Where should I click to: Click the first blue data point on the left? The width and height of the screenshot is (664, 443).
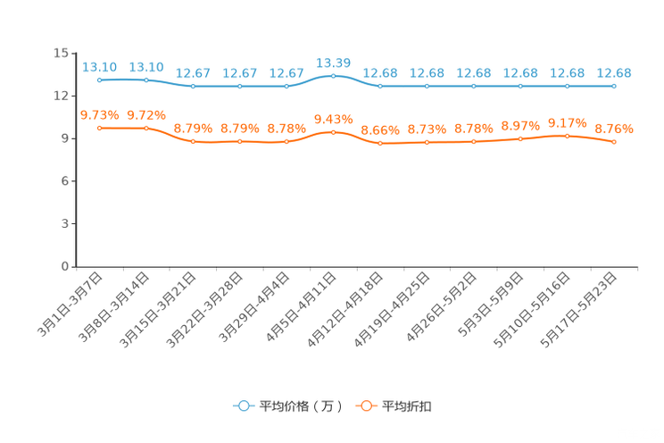pyautogui.click(x=100, y=80)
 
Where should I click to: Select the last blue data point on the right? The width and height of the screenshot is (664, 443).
pyautogui.click(x=614, y=86)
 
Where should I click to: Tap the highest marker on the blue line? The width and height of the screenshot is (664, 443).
pyautogui.click(x=334, y=76)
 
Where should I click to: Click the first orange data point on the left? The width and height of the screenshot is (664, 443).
pyautogui.click(x=100, y=128)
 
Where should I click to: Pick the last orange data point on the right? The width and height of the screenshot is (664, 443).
pyautogui.click(x=614, y=142)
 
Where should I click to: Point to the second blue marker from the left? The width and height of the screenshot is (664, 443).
pyautogui.click(x=146, y=80)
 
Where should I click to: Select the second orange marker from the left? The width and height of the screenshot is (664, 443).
pyautogui.click(x=146, y=129)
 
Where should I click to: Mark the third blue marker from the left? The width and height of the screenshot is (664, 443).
pyautogui.click(x=194, y=86)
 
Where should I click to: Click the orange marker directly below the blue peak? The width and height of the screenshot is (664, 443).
pyautogui.click(x=334, y=132)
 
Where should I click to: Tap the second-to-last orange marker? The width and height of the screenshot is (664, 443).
pyautogui.click(x=567, y=136)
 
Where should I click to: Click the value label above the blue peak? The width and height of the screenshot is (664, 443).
pyautogui.click(x=334, y=63)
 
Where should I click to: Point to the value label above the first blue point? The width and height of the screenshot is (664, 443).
pyautogui.click(x=100, y=67)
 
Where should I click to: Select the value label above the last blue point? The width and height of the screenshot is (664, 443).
pyautogui.click(x=614, y=72)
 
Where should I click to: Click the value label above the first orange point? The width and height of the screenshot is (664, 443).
pyautogui.click(x=100, y=114)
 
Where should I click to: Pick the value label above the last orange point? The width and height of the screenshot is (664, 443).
pyautogui.click(x=614, y=129)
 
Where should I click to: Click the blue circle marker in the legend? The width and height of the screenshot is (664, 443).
pyautogui.click(x=243, y=405)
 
